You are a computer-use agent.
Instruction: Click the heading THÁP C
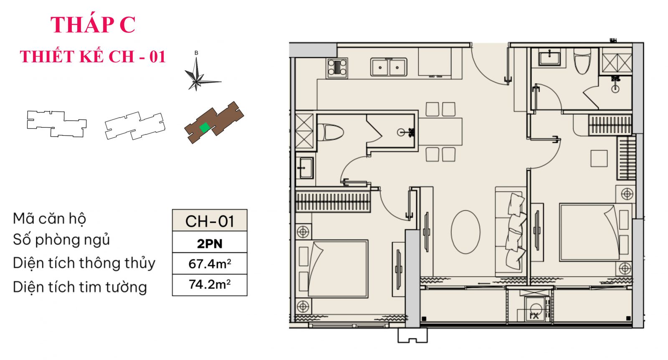tap(93, 25)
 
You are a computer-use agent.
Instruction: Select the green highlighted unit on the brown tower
tap(204, 127)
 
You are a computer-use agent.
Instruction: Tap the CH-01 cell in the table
tap(210, 221)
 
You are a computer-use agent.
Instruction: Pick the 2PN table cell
tap(210, 243)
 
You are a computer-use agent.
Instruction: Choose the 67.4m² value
tap(210, 264)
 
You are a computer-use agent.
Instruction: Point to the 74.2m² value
tap(210, 285)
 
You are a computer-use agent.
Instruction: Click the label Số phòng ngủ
tap(61, 240)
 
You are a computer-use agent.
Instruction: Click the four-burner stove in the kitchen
tap(337, 68)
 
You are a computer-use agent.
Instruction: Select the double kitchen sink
tap(389, 67)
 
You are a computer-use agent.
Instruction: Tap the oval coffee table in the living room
tap(465, 232)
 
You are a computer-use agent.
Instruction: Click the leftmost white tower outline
tap(56, 124)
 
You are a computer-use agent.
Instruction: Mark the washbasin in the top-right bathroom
tap(549, 57)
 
